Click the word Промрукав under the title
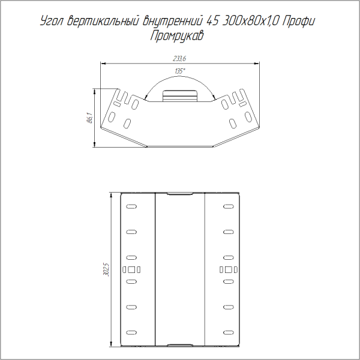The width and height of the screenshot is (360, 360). click(x=178, y=37)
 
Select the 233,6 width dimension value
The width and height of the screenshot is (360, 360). click(x=179, y=58)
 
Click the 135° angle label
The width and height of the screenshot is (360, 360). click(x=179, y=71)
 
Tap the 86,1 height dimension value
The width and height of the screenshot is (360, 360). click(x=89, y=118)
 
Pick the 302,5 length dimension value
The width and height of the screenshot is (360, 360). click(x=106, y=269)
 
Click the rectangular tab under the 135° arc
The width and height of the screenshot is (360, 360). click(x=179, y=95)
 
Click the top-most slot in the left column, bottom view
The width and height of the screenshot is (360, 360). click(x=131, y=207)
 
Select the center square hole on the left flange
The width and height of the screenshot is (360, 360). click(x=131, y=269)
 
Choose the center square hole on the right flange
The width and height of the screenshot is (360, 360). click(x=228, y=269)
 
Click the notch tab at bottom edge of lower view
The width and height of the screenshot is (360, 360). click(x=179, y=346)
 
